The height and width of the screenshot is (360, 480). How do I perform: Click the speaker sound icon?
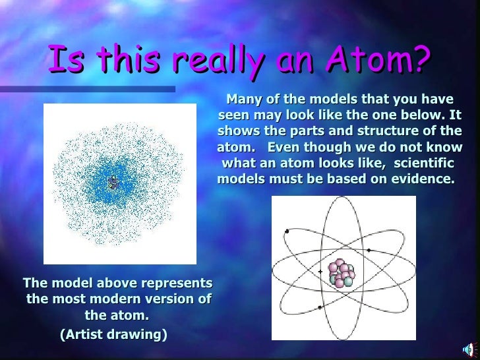(469, 349)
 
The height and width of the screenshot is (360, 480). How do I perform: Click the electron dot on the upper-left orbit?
(287, 231)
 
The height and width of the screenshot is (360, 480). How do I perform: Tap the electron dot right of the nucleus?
(369, 251)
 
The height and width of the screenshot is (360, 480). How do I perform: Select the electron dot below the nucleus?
(320, 307)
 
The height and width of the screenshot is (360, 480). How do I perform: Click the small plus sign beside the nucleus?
(320, 271)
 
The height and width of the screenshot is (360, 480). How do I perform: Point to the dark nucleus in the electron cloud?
(111, 182)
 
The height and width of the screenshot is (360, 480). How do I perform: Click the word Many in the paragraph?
(243, 100)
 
